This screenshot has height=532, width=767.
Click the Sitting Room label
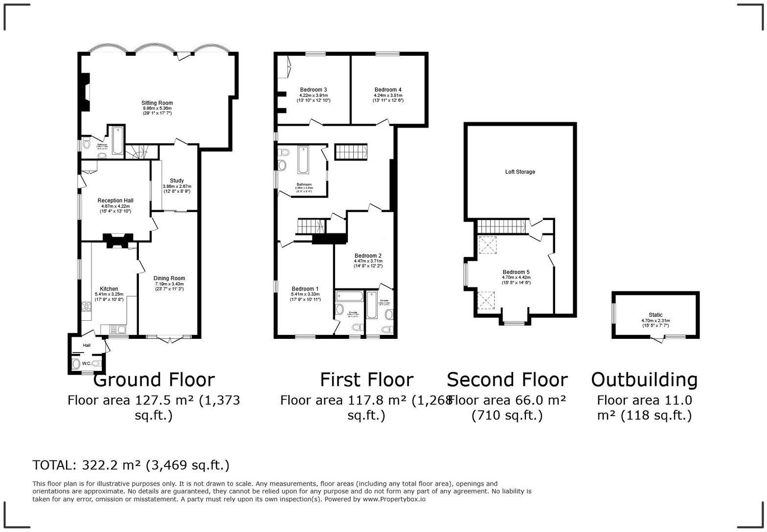click(x=157, y=103)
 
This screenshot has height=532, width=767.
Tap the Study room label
click(x=177, y=181)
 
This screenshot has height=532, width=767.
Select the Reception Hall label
click(x=115, y=200)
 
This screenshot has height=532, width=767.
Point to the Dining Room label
click(x=169, y=278)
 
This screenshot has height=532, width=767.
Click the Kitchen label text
click(x=109, y=289)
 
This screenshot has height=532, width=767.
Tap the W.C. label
click(x=86, y=363)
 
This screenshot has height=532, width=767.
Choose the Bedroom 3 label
click(x=314, y=90)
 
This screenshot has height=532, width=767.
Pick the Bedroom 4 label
click(x=388, y=90)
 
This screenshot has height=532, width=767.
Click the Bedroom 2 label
click(x=368, y=256)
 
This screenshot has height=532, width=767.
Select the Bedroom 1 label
click(x=305, y=289)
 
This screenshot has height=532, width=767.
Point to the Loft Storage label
click(x=520, y=172)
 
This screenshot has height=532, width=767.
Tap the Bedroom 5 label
click(x=516, y=272)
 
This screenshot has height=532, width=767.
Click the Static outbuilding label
click(x=655, y=315)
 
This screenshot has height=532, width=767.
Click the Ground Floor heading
click(x=154, y=380)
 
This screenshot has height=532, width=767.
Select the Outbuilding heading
click(x=644, y=380)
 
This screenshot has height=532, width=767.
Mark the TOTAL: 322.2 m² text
click(x=131, y=465)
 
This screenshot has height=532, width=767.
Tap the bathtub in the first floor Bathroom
click(x=303, y=160)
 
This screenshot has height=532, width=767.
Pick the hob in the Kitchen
click(x=87, y=307)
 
